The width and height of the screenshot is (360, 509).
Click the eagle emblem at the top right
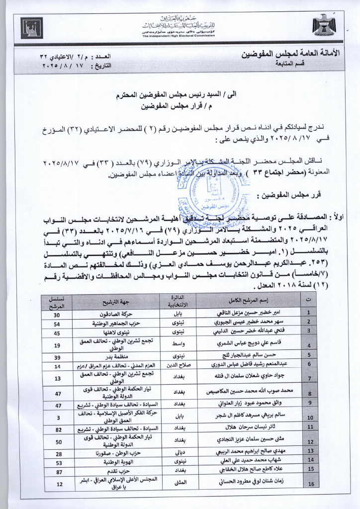pos(324,25)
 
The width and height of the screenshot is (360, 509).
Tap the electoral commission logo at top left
pos(32,27)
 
